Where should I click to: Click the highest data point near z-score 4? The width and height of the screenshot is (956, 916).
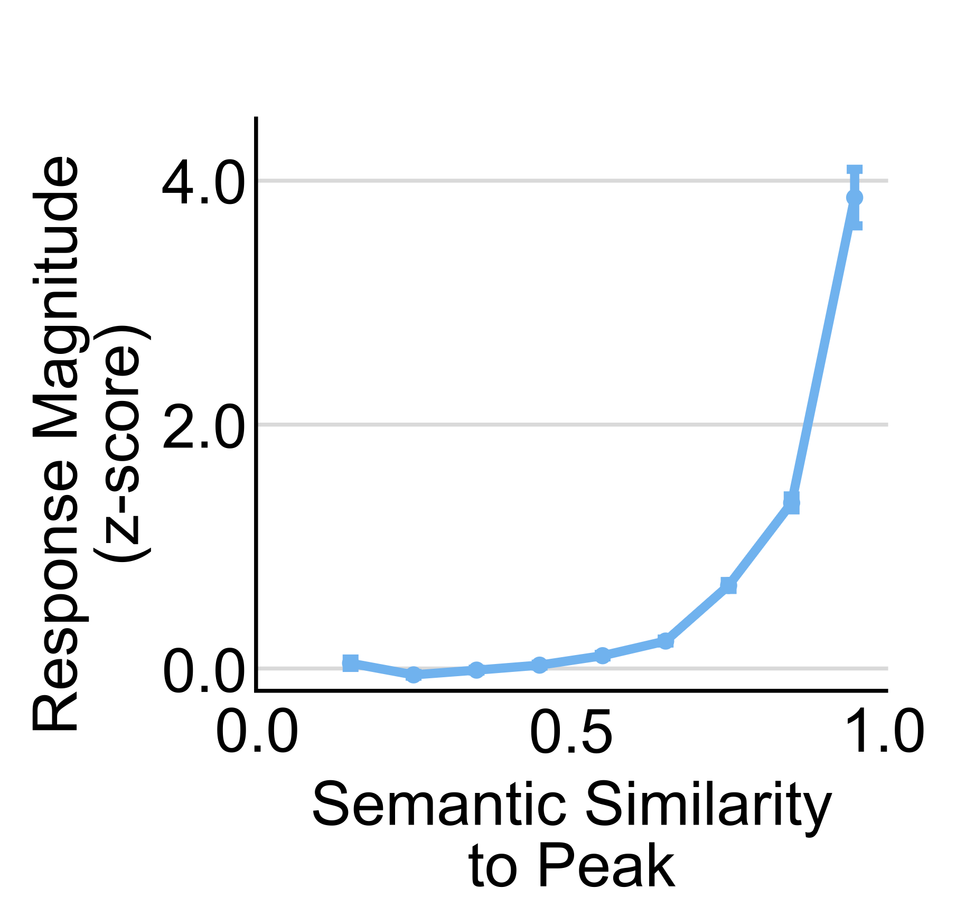[855, 198]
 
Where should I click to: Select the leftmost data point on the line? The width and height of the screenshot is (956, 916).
[351, 663]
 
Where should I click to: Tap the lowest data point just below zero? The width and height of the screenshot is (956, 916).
[414, 675]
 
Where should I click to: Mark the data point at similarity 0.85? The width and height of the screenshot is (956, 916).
[791, 502]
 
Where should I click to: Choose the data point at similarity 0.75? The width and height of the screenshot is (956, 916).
[728, 585]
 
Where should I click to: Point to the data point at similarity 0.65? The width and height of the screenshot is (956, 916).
[666, 641]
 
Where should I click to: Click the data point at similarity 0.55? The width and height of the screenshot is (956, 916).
[602, 656]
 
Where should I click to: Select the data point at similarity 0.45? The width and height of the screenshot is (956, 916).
[539, 665]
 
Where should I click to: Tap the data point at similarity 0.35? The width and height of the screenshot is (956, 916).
[476, 670]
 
